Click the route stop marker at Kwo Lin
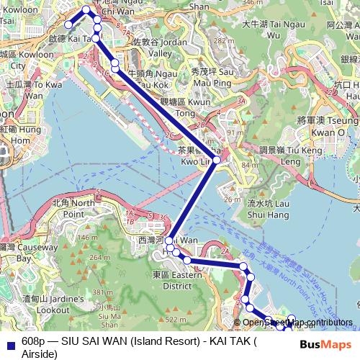pyautogui.click(x=216, y=160)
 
